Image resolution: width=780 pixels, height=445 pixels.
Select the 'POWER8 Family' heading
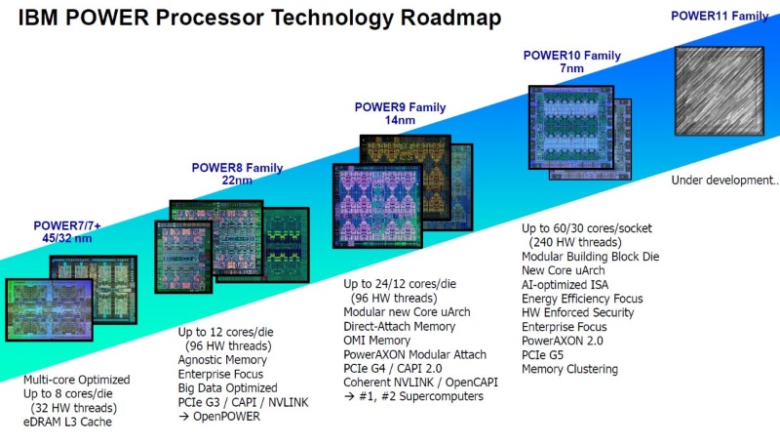[237, 168]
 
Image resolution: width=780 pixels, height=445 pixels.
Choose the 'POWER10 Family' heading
[572, 56]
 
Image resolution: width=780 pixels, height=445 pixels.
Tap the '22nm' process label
[237, 182]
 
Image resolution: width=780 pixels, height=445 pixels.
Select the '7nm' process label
[572, 70]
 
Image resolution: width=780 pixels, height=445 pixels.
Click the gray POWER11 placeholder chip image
[722, 92]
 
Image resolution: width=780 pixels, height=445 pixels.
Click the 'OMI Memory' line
[376, 340]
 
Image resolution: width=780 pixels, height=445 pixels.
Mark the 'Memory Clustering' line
[569, 369]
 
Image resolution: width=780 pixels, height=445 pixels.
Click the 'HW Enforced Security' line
[578, 312]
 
